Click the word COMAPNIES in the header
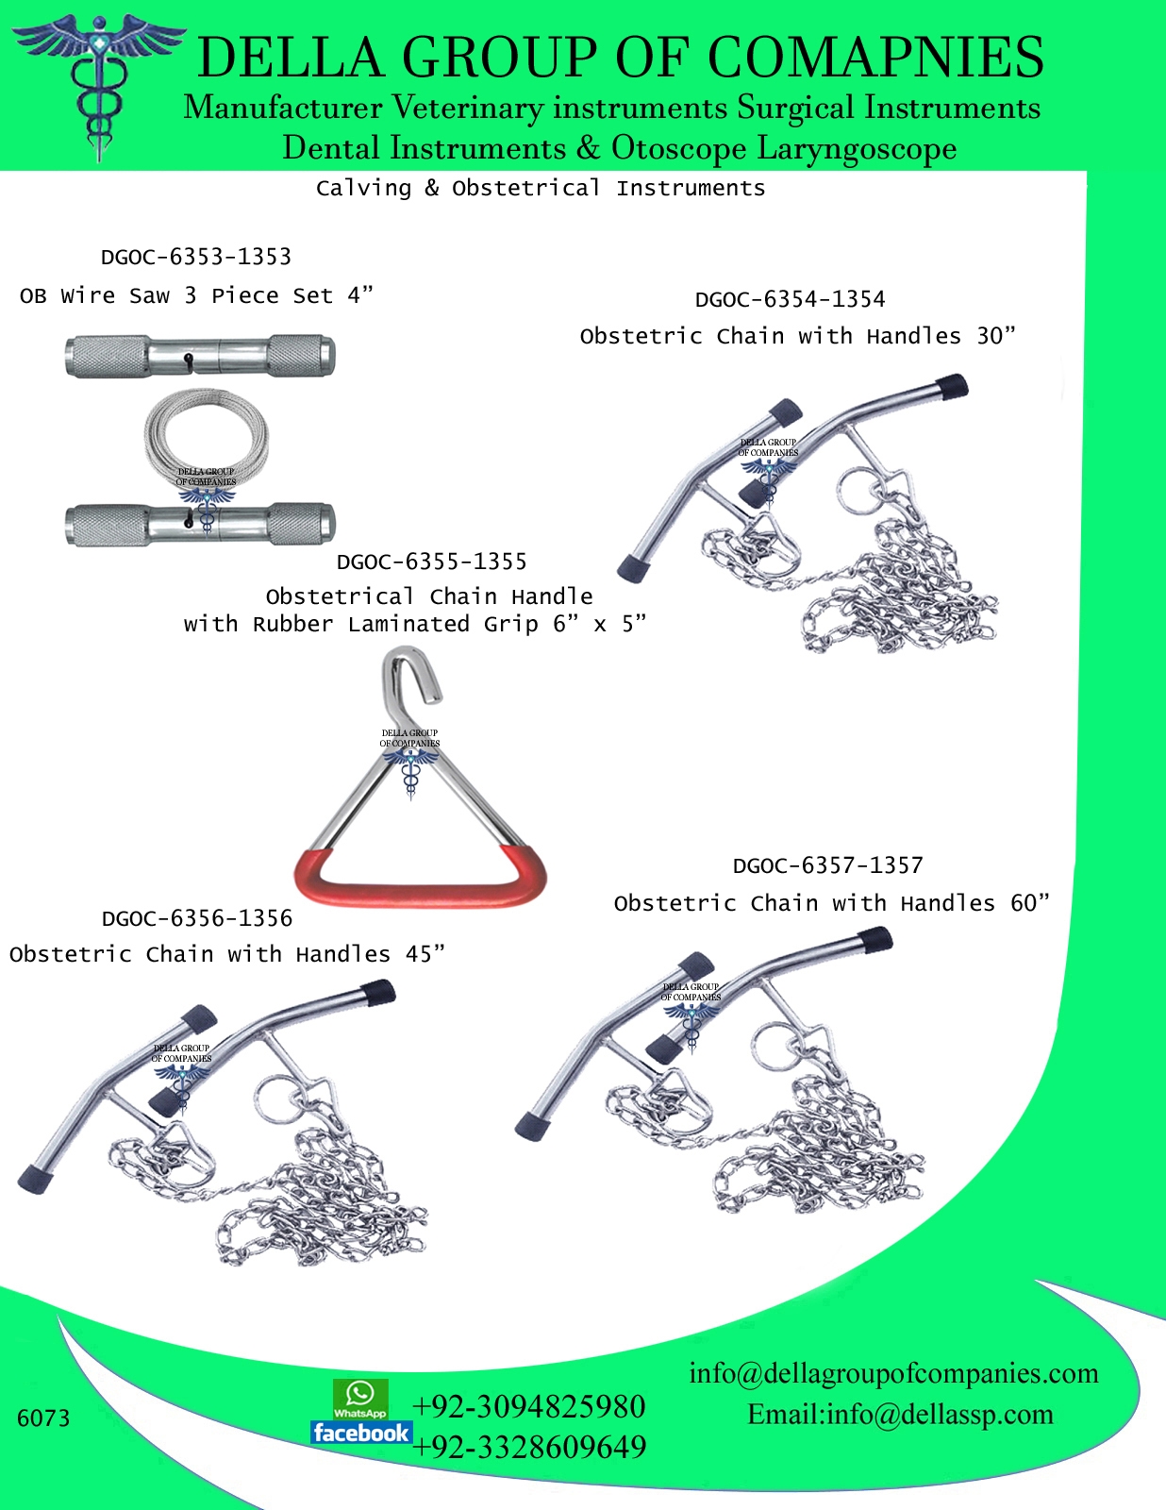pyautogui.click(x=875, y=59)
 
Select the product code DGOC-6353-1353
pyautogui.click(x=196, y=257)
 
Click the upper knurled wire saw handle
pyautogui.click(x=200, y=356)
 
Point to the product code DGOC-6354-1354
pyautogui.click(x=790, y=300)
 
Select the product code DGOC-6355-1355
pyautogui.click(x=431, y=562)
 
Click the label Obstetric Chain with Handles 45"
pyautogui.click(x=226, y=954)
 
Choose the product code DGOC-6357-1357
pyautogui.click(x=827, y=865)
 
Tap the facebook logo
pyautogui.click(x=361, y=1433)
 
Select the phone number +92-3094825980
pyautogui.click(x=528, y=1406)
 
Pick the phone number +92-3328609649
pyautogui.click(x=528, y=1447)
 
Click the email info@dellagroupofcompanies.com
pyautogui.click(x=893, y=1373)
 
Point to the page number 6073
pyautogui.click(x=43, y=1418)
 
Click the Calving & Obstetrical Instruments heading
pyautogui.click(x=541, y=189)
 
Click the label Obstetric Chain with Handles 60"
pyautogui.click(x=831, y=903)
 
